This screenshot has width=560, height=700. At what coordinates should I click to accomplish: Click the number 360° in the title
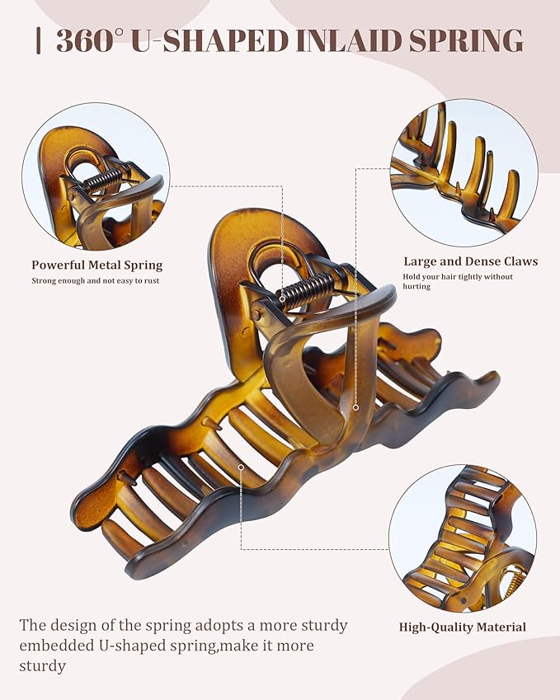89,40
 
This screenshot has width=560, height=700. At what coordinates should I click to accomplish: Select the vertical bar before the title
39,40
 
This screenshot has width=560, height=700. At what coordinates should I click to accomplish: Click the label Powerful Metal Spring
96,265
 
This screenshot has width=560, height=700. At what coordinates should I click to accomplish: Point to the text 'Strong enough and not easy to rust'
96,281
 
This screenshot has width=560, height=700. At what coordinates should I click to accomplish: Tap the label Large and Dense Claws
471,261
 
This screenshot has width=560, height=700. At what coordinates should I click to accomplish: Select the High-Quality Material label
463,627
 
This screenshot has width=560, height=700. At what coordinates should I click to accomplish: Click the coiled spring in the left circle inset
103,180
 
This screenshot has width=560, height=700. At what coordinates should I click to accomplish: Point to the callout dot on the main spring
282,298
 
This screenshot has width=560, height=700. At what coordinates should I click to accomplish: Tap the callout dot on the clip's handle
356,407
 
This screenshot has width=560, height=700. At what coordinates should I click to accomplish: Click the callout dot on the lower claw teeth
241,467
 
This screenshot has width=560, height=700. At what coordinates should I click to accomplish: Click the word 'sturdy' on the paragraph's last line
42,666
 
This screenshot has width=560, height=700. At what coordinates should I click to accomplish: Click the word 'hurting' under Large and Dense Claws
416,286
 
